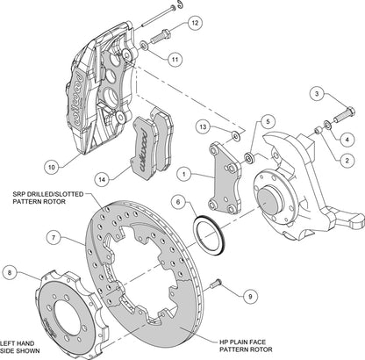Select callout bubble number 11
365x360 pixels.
pyautogui.click(x=175, y=60)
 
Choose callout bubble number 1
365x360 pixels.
pyautogui.click(x=182, y=174)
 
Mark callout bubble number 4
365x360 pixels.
pyautogui.click(x=348, y=138)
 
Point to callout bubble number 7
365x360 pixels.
pyautogui.click(x=54, y=237)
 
